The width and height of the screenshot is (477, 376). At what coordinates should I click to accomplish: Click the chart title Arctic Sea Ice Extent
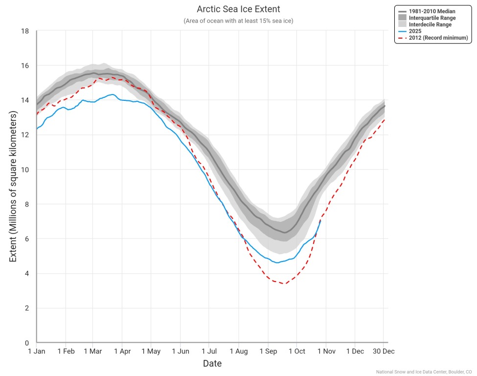pos(238,9)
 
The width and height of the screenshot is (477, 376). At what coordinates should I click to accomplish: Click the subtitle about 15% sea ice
pos(238,21)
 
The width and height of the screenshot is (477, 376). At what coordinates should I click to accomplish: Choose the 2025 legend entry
pos(415,31)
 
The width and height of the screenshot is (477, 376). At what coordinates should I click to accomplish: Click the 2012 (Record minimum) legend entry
pos(438,38)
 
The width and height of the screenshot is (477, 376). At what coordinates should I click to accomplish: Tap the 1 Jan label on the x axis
pos(36,351)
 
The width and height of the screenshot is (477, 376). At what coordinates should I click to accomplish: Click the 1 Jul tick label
pos(209,351)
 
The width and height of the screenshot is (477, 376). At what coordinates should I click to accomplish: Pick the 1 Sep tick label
pos(268,351)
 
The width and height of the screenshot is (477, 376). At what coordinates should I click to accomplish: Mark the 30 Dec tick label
pos(383,351)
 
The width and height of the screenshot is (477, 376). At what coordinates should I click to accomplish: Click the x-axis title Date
pos(212,364)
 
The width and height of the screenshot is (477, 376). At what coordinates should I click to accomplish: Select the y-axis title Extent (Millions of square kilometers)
pos(13,187)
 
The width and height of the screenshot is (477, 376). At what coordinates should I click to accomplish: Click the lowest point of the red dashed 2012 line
pos(284,283)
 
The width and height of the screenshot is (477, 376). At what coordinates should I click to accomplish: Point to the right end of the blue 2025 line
pos(320,221)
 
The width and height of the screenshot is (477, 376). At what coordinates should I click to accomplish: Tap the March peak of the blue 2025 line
pos(113,94)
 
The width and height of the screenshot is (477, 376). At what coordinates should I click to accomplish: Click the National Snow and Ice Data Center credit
pos(424,372)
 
